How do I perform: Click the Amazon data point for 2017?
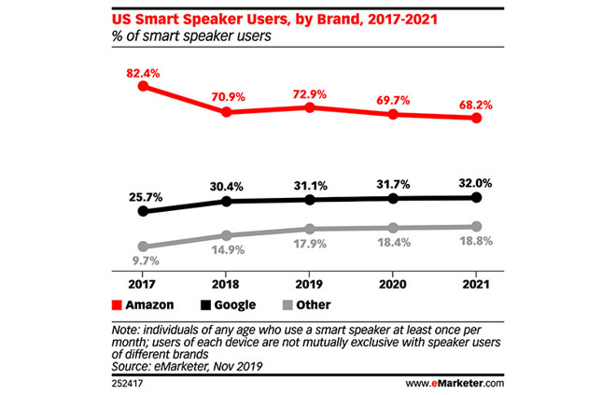tap(143, 86)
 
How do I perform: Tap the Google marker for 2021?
tap(477, 197)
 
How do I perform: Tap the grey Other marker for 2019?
tap(310, 229)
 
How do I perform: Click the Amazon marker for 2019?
tap(310, 107)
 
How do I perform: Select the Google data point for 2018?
tap(226, 201)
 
